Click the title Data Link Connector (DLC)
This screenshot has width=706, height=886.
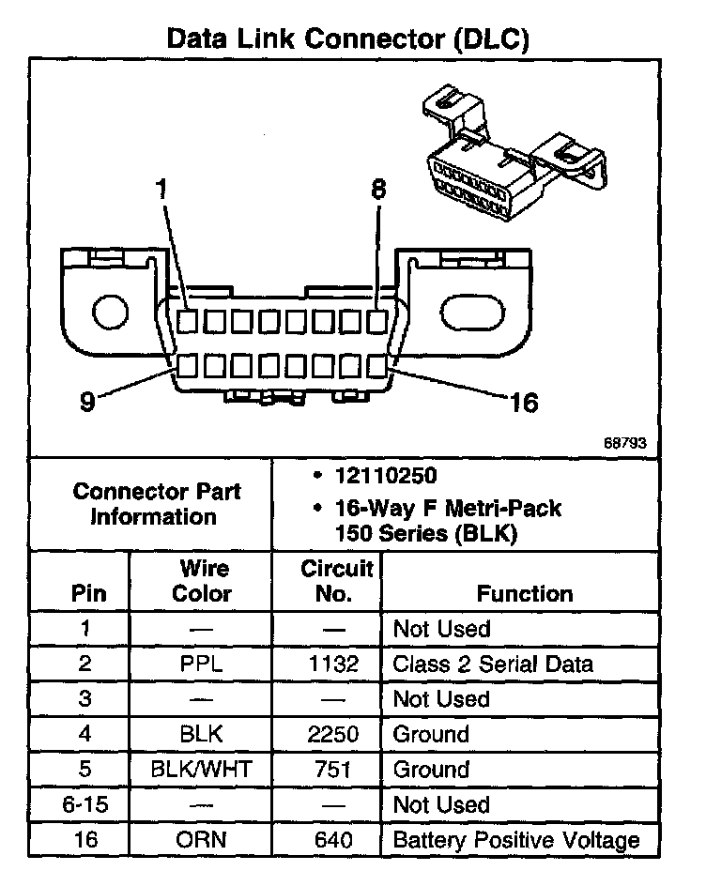tap(347, 38)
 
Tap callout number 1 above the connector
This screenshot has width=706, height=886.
tap(161, 191)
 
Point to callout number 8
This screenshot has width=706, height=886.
tap(378, 191)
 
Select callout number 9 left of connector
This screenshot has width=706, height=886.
tap(87, 403)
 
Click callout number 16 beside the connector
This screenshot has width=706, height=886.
tap(523, 403)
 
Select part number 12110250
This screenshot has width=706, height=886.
tap(385, 476)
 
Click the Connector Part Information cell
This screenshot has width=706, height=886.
tap(157, 504)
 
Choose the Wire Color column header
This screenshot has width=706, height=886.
tap(203, 581)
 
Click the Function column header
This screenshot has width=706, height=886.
tap(524, 593)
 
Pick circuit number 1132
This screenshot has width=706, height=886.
tap(333, 664)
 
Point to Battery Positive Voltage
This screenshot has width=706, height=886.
tap(515, 839)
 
